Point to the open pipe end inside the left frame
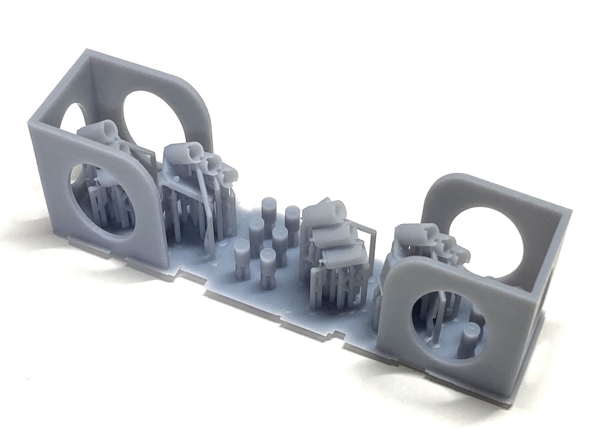pyautogui.click(x=108, y=130)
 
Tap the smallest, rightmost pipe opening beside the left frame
pyautogui.click(x=228, y=173)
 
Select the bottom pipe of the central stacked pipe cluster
pyautogui.click(x=343, y=254)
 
